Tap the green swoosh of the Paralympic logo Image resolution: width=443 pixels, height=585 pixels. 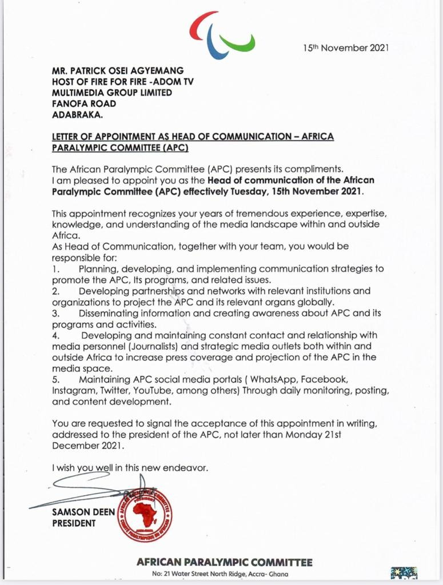click(239, 43)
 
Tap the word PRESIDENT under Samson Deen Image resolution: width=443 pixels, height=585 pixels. click(74, 523)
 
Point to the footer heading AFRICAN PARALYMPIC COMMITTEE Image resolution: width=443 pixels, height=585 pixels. click(225, 562)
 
